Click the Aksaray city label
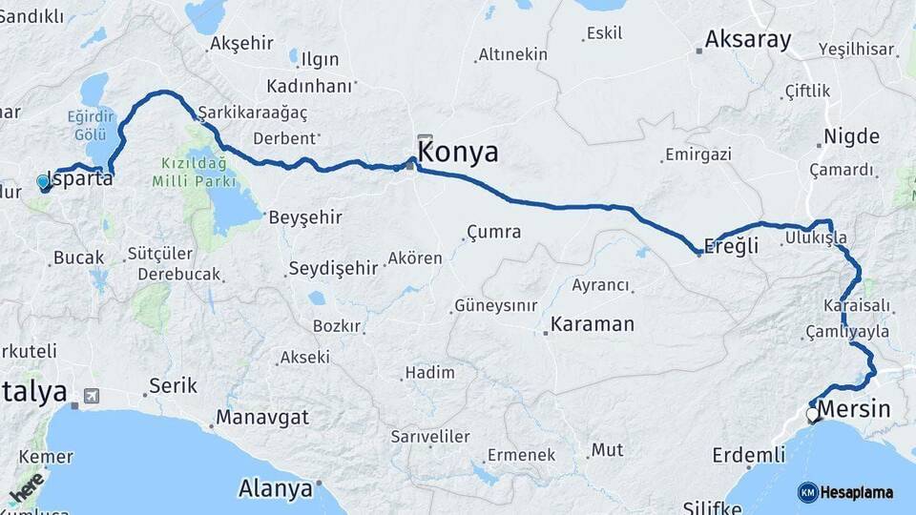(x=748, y=40)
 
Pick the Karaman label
(x=592, y=324)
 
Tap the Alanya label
(x=276, y=489)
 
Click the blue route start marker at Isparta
(x=43, y=181)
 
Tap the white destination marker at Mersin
(x=812, y=415)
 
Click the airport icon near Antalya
(x=92, y=395)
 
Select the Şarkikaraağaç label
(x=252, y=113)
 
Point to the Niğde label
(x=851, y=136)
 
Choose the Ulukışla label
(x=816, y=237)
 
